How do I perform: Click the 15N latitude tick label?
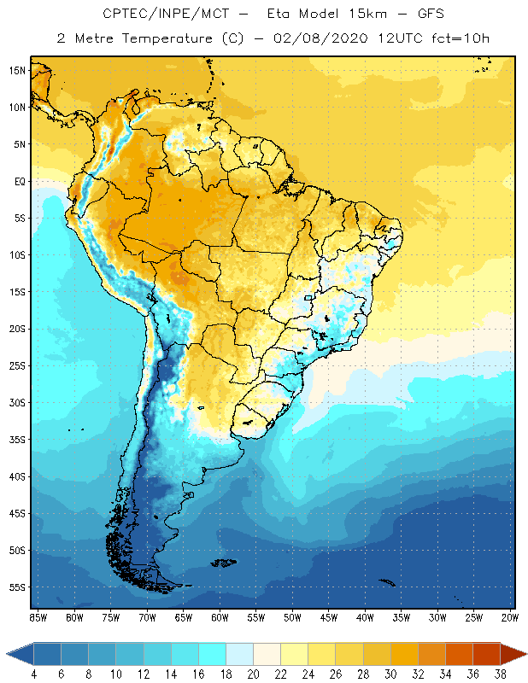[x=18, y=70]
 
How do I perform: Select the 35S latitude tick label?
[x=18, y=439]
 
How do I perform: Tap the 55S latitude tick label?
[x=18, y=587]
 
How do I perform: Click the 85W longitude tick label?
[x=38, y=616]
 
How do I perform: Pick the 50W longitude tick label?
[x=292, y=616]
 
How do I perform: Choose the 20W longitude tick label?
[x=509, y=616]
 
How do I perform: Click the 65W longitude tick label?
[x=183, y=616]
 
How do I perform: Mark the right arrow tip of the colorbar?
[x=525, y=654]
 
